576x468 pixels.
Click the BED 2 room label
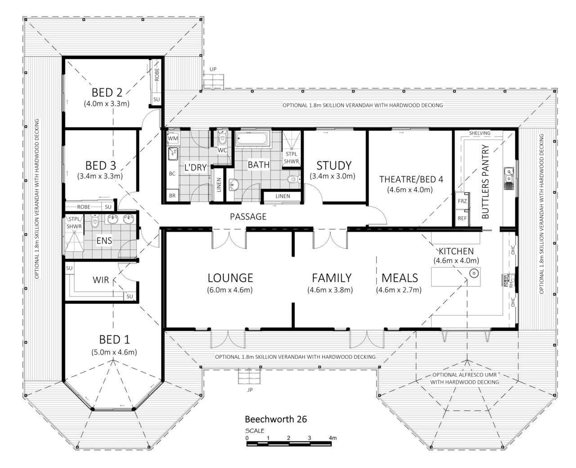[107, 93]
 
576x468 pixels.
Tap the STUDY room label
[334, 165]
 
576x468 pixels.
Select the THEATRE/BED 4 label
[411, 179]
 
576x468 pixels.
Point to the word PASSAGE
[248, 216]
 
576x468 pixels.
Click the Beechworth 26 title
[276, 419]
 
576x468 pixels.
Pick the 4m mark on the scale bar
[333, 438]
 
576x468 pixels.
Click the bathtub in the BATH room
[252, 138]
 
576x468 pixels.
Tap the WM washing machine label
[173, 138]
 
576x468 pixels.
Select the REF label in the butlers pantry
[462, 218]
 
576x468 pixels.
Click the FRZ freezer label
[462, 201]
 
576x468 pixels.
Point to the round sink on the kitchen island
[474, 273]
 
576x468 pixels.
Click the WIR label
[101, 280]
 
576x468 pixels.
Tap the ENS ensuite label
[104, 241]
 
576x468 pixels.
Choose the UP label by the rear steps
[213, 69]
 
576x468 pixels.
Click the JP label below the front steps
[250, 390]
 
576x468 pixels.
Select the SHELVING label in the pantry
[480, 133]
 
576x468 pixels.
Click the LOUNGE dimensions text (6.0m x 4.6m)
[230, 290]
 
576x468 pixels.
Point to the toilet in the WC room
[222, 138]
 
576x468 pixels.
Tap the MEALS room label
[400, 278]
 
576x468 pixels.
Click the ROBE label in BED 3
[84, 207]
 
